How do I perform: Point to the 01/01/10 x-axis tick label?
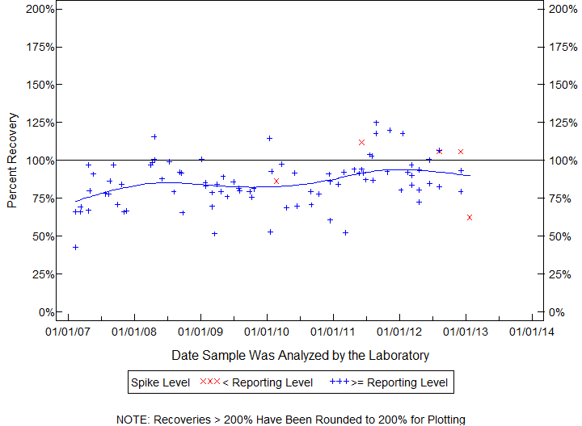coord(267,332)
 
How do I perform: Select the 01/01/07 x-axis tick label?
coord(68,332)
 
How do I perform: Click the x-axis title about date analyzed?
coord(301,355)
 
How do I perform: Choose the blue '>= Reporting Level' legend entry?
coord(389,382)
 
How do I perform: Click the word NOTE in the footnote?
coord(134,420)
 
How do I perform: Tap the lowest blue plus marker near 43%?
coord(75,248)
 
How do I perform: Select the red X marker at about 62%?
coord(470,218)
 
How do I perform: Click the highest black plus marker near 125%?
coord(376,123)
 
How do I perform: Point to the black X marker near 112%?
coord(361,142)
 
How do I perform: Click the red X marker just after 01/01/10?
coord(276,182)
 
